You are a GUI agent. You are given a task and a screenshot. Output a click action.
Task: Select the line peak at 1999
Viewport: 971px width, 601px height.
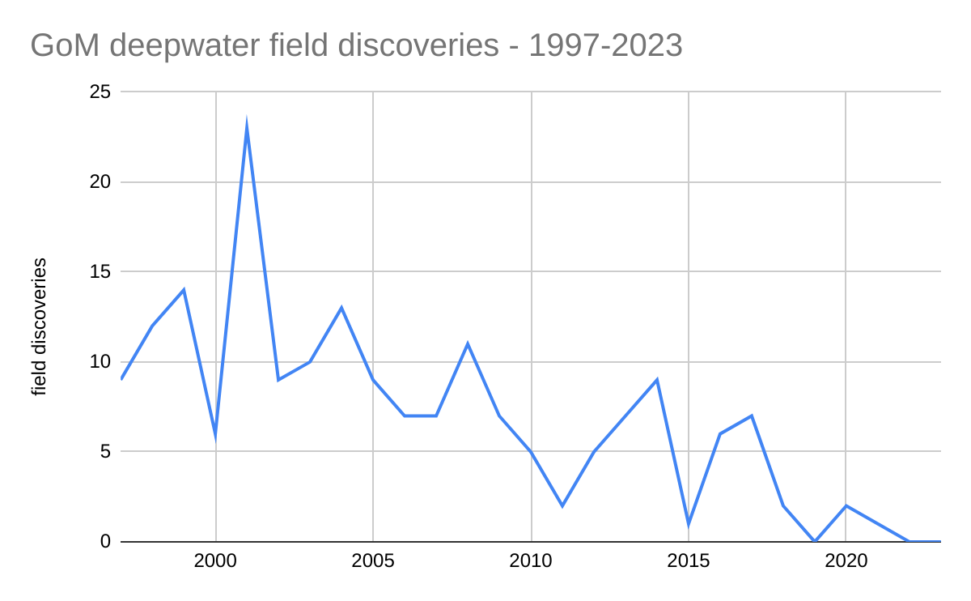pyautogui.click(x=184, y=290)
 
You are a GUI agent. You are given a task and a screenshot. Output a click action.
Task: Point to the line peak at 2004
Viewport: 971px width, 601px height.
pyautogui.click(x=341, y=308)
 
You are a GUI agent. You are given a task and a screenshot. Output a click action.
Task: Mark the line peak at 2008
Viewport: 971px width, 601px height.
pyautogui.click(x=468, y=343)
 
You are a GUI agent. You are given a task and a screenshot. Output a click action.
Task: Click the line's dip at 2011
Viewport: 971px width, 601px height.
pyautogui.click(x=562, y=505)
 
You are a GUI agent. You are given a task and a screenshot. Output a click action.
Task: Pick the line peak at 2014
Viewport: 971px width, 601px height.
pyautogui.click(x=657, y=380)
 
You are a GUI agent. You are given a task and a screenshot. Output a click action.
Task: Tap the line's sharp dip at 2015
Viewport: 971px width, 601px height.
pyautogui.click(x=689, y=523)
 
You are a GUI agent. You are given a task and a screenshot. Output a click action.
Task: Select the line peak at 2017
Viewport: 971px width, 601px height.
pyautogui.click(x=752, y=416)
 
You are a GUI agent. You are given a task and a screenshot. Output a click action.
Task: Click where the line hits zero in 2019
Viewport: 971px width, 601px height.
pyautogui.click(x=815, y=541)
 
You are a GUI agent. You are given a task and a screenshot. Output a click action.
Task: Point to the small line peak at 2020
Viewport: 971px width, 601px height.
pyautogui.click(x=846, y=505)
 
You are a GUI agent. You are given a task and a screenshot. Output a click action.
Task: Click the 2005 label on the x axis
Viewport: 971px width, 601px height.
pyautogui.click(x=373, y=561)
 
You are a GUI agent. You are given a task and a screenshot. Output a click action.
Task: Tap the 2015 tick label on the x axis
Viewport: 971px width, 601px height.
pyautogui.click(x=689, y=561)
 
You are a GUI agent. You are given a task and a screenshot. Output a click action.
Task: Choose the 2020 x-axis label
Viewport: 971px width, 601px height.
pyautogui.click(x=846, y=561)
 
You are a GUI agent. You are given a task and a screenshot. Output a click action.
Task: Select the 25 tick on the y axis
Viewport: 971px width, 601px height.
pyautogui.click(x=100, y=92)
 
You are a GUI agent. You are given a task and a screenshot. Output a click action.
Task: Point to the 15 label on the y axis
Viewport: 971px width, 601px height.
pyautogui.click(x=100, y=272)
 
